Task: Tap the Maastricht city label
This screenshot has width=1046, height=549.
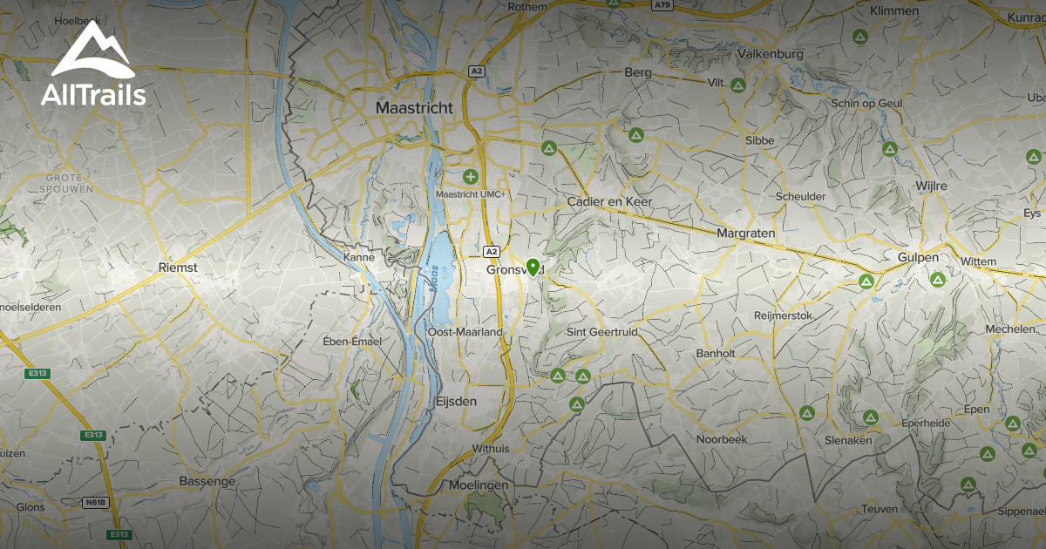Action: [414, 108]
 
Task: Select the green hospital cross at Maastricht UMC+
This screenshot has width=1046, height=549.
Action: [471, 177]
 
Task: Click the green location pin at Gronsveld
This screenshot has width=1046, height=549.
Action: [532, 267]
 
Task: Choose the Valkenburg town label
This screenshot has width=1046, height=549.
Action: [770, 54]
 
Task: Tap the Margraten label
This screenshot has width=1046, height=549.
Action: [745, 234]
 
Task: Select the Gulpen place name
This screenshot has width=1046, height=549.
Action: [918, 257]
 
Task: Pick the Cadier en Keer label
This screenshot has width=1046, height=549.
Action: [609, 201]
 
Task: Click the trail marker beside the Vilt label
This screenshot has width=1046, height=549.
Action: [737, 85]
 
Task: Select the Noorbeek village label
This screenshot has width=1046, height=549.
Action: [722, 439]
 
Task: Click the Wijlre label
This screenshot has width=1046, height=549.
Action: [931, 186]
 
